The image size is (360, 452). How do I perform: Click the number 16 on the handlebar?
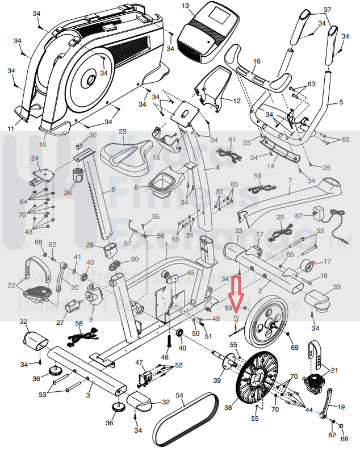tap(257, 61)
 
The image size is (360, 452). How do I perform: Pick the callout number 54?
tap(179, 395)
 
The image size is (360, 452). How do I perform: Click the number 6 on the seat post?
tap(113, 190)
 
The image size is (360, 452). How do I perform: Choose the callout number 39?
tap(216, 380)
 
